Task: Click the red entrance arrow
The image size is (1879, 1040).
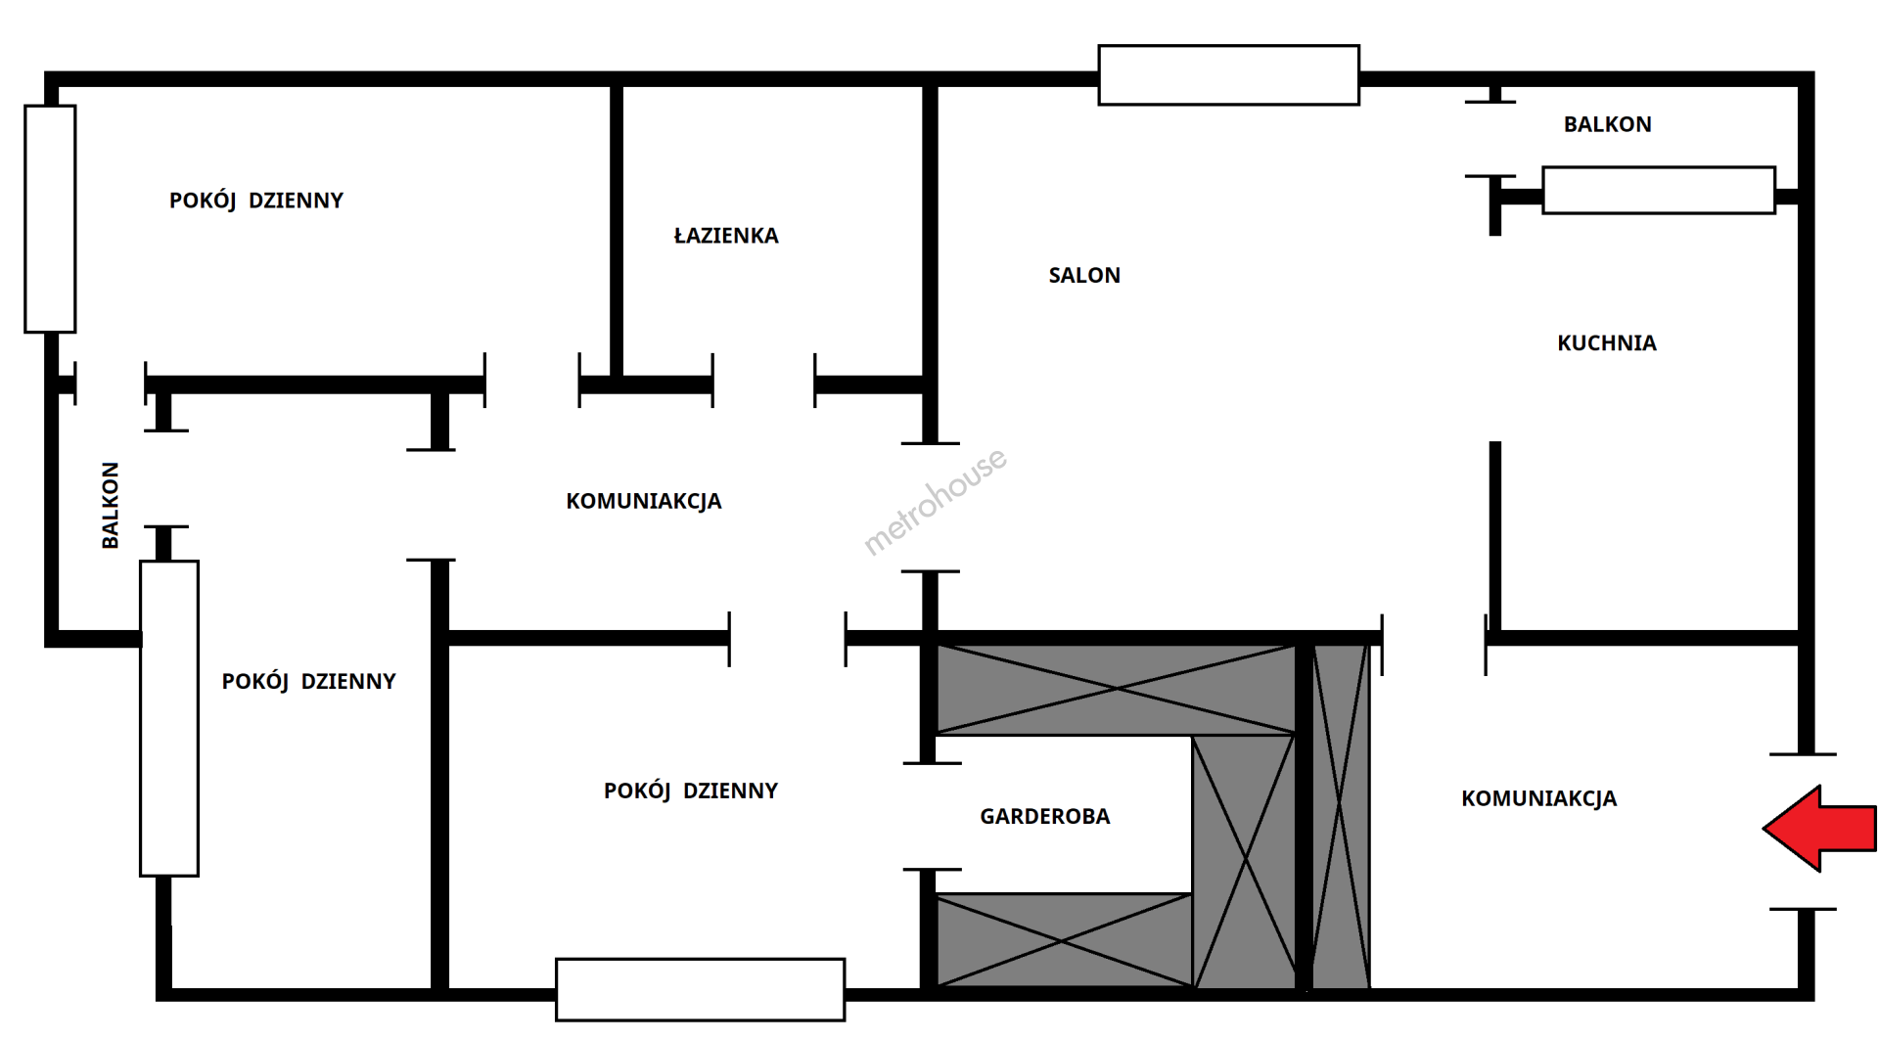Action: click(1820, 829)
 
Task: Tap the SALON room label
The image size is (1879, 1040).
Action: click(1084, 276)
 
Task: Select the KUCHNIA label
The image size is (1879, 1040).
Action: click(1607, 343)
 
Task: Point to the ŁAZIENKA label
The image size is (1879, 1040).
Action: click(726, 235)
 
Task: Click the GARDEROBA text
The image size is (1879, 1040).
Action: click(1045, 817)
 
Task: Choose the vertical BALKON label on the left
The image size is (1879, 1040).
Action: click(111, 505)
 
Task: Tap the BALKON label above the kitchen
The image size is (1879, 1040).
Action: click(1608, 124)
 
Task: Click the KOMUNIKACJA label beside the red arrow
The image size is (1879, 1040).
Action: click(1539, 799)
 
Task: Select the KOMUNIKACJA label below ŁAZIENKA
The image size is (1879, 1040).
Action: click(644, 502)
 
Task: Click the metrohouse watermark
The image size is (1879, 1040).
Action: click(935, 501)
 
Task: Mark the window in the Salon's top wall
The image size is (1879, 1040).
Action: click(1229, 74)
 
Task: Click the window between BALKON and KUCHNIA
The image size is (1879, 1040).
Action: click(1659, 190)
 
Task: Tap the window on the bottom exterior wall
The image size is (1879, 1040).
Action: click(700, 990)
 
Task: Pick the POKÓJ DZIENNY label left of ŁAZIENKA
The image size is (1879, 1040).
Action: click(256, 202)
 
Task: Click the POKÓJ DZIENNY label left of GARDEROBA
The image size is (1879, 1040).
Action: click(691, 791)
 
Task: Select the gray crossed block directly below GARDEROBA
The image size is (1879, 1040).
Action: click(1065, 940)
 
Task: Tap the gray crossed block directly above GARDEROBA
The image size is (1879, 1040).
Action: click(1117, 689)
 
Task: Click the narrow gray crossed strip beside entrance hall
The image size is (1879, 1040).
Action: click(1340, 815)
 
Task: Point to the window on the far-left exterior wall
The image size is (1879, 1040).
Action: click(50, 219)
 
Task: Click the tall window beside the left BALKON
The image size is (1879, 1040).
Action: click(169, 718)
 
